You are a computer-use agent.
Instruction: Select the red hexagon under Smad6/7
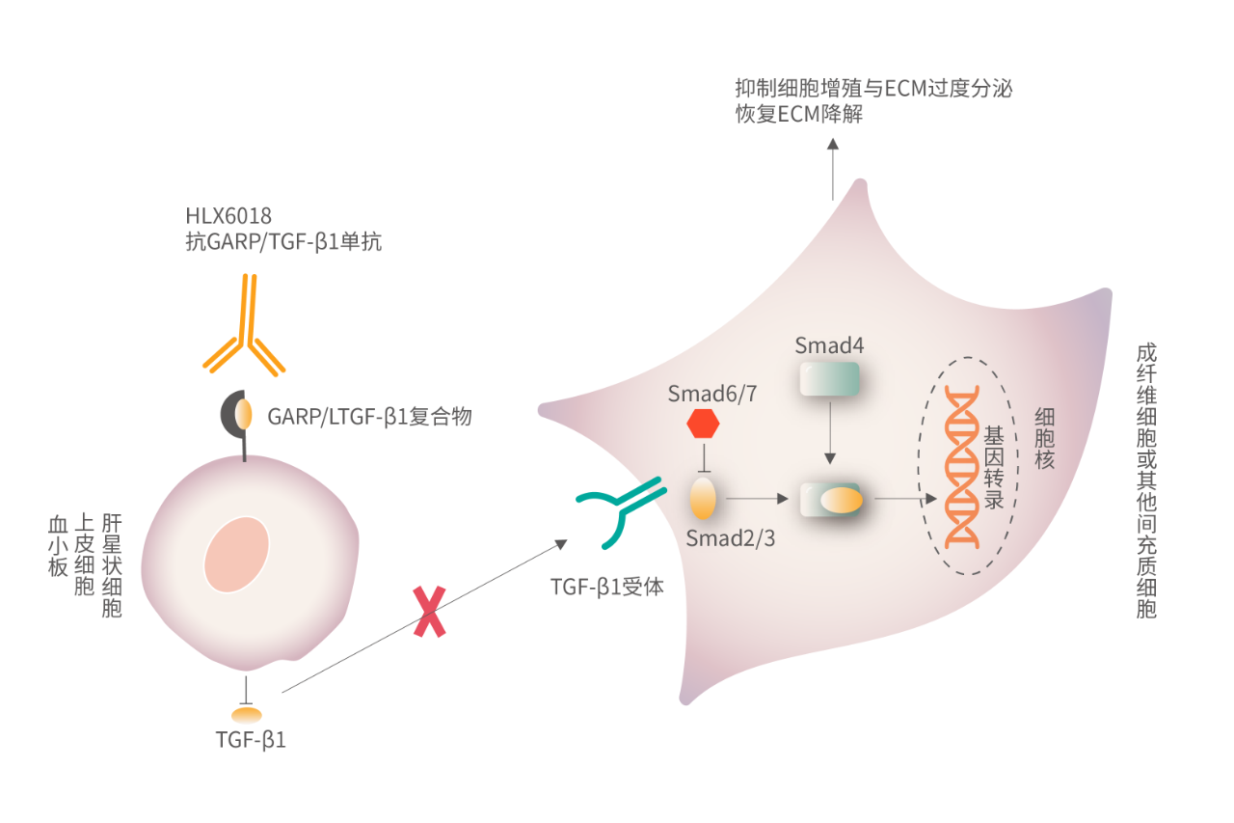tap(703, 424)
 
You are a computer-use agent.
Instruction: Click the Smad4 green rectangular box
tap(829, 379)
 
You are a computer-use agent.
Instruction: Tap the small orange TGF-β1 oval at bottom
tap(246, 715)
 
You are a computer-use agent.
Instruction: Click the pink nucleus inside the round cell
tap(236, 554)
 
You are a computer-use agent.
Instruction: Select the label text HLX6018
tap(228, 216)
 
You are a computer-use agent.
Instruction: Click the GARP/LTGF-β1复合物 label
tap(369, 417)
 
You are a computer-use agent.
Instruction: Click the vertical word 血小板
tap(59, 546)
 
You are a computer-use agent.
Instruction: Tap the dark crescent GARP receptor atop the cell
tap(234, 414)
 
